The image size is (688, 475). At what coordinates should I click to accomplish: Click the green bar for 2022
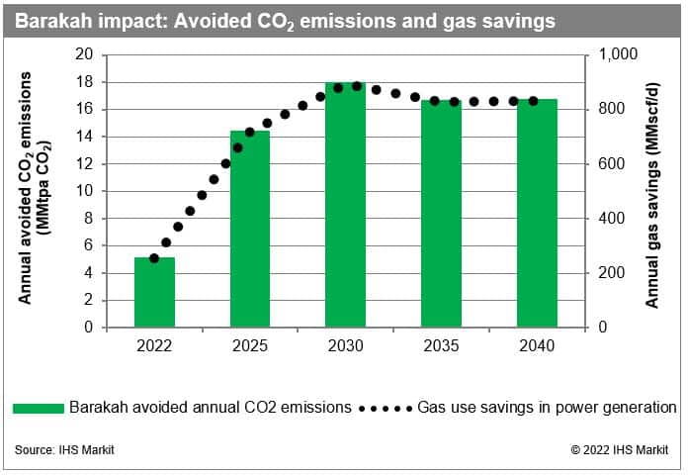click(x=154, y=292)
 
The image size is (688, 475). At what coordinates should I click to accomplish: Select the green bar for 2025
click(x=250, y=229)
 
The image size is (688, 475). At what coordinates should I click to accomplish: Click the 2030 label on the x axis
click(x=346, y=346)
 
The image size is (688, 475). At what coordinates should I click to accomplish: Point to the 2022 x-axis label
click(x=154, y=346)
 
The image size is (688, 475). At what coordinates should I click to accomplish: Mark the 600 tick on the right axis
click(x=611, y=164)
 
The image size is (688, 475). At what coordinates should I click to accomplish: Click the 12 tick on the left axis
click(x=86, y=164)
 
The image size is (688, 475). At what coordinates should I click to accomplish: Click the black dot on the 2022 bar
click(x=154, y=258)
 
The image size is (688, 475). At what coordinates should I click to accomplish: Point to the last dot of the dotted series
click(x=534, y=101)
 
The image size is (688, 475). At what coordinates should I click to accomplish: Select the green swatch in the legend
click(x=39, y=407)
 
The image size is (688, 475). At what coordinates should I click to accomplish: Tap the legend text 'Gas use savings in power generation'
click(x=547, y=407)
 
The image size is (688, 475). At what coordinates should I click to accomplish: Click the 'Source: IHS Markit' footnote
click(x=64, y=450)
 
